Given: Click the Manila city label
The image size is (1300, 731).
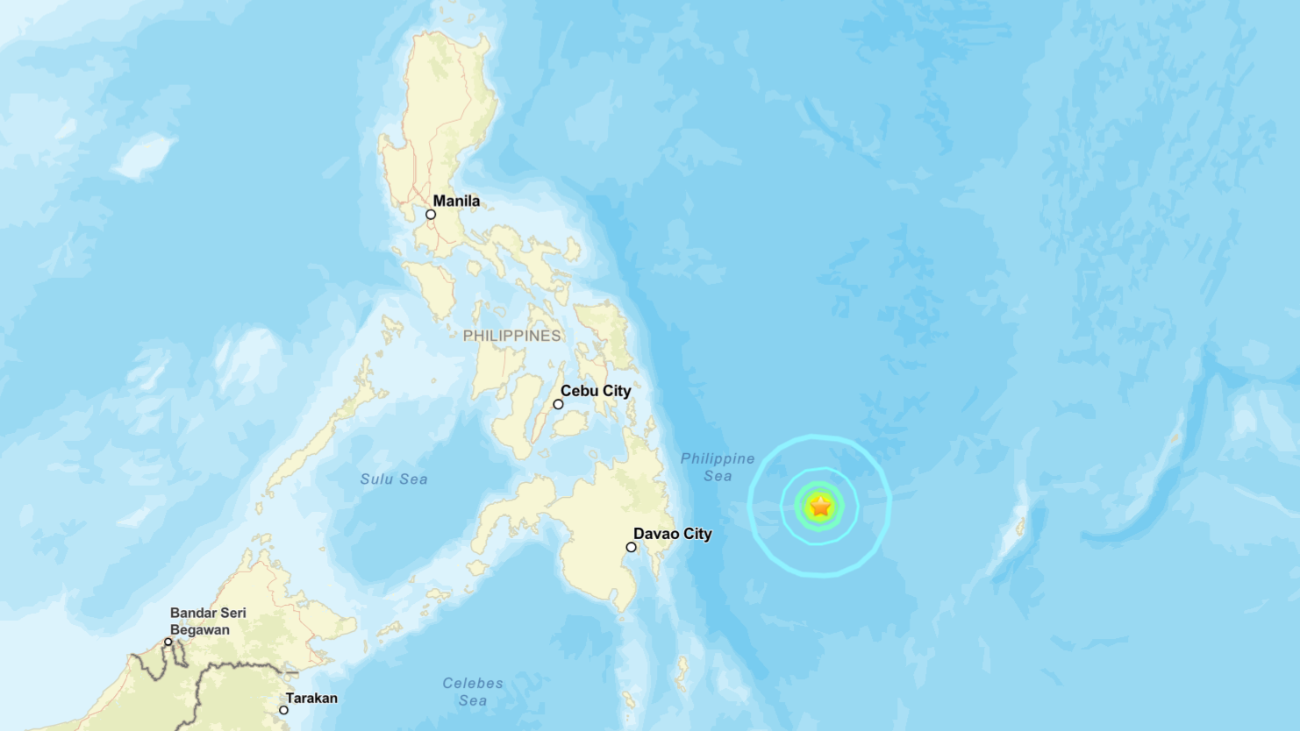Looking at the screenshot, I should point(456,201).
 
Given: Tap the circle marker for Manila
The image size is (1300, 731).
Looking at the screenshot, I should point(431,215).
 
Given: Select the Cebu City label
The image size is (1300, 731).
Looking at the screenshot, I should point(596,391).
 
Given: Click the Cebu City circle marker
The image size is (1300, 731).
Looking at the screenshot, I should point(558,405).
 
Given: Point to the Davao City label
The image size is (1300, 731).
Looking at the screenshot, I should point(672,534).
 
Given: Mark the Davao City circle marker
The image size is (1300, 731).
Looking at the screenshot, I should point(631,548).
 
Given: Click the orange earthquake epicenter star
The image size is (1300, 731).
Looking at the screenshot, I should point(820,507).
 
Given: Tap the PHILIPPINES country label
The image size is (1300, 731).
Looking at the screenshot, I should point(511,336).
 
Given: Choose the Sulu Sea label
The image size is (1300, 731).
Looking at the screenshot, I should point(394,479).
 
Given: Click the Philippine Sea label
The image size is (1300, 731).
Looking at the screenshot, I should point(718,467).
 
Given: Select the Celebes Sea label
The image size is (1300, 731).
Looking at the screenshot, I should point(473,692).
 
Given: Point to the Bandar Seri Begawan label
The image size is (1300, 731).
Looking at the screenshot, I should point(208,621).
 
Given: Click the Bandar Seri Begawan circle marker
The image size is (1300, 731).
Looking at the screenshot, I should point(168,642).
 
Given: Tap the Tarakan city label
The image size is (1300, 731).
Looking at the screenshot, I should point(311,699).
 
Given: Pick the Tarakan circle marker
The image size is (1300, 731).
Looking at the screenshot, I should point(283,710).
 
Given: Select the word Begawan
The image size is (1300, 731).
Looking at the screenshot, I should point(200,630).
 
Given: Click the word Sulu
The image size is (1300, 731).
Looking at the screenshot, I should point(376,479).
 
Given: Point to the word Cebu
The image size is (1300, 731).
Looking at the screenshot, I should point(578,391).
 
